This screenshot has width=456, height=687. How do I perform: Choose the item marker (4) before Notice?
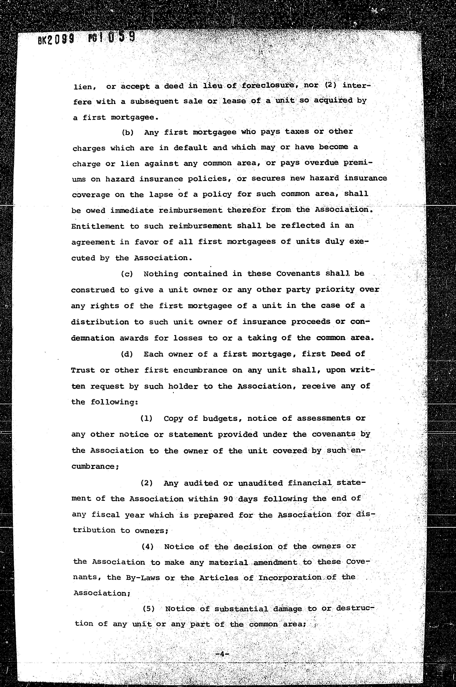(148, 546)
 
